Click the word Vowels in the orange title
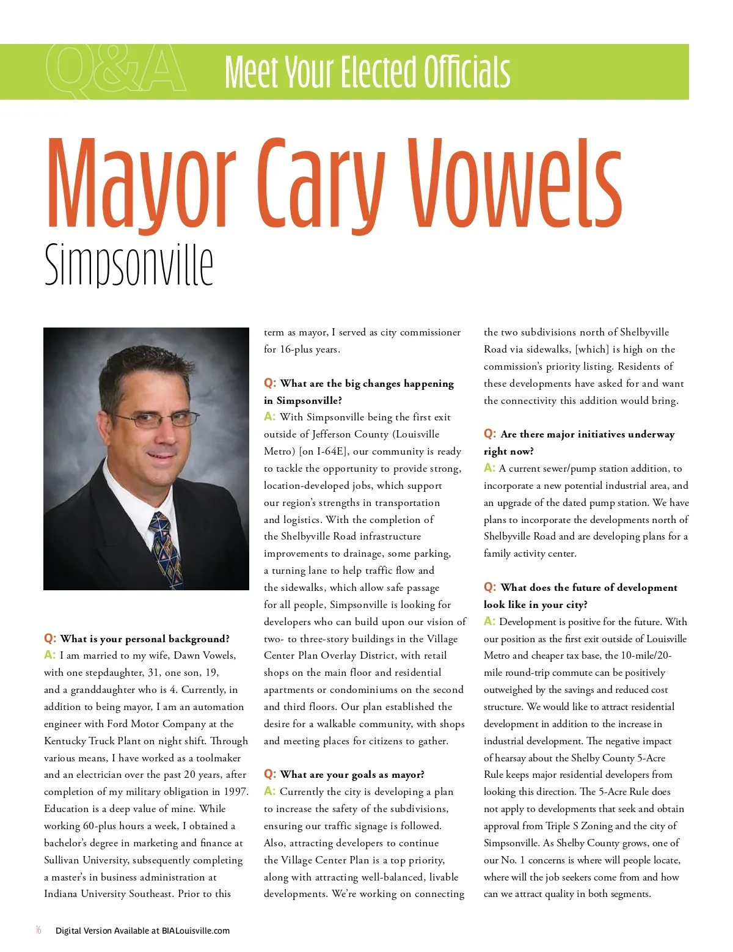pos(515,183)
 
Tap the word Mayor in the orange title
pos(141,183)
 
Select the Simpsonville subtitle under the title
pos(129,265)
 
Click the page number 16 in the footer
pos(38,930)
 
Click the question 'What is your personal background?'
pos(145,639)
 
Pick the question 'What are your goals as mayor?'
pos(352,774)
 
